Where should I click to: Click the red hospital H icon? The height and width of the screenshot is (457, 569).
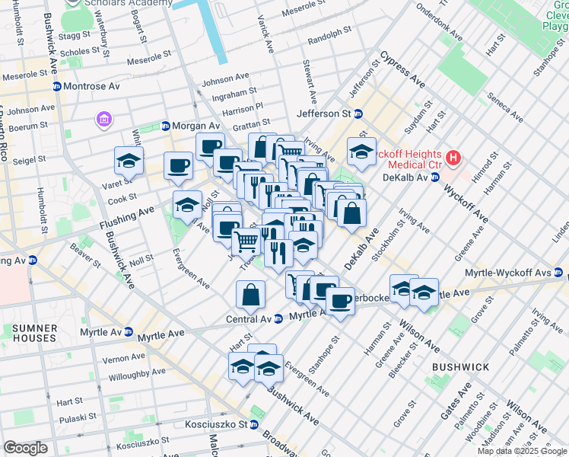pos(454,159)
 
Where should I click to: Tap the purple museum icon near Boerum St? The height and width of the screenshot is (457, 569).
pos(103,120)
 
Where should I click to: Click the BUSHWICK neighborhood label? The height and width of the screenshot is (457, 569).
pos(460,367)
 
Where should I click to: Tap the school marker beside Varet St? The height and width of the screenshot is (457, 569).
pos(129,161)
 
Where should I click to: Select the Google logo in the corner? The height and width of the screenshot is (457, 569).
pos(25,448)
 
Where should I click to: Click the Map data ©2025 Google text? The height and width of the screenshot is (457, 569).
pos(521,451)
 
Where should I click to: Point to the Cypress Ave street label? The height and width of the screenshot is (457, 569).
pos(402,69)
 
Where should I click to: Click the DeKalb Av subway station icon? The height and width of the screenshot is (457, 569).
pos(434,177)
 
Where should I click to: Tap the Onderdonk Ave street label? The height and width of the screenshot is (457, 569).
pos(437,25)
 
